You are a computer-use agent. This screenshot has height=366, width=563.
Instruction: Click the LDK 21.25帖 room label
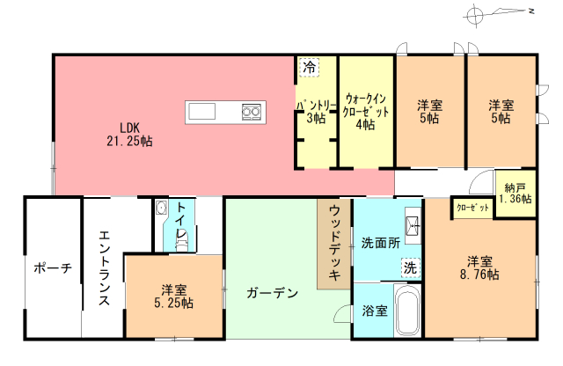click(129, 135)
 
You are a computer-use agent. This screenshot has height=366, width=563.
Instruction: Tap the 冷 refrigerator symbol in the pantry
click(309, 67)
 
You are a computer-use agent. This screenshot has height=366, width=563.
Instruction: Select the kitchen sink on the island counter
click(201, 111)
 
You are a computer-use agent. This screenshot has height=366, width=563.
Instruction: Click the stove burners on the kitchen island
click(251, 112)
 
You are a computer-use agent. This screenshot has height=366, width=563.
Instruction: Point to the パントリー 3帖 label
click(316, 112)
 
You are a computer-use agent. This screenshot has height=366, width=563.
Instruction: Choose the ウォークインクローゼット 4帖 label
click(366, 112)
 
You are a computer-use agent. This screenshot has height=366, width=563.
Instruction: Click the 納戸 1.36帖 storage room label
click(515, 193)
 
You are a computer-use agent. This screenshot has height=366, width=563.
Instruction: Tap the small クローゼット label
click(473, 208)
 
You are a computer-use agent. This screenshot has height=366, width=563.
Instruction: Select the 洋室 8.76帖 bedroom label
click(479, 267)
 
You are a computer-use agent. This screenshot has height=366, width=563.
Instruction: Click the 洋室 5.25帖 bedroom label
click(174, 296)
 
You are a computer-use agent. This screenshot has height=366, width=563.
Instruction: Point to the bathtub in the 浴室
click(407, 311)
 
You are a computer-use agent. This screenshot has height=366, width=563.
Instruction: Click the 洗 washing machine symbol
click(410, 268)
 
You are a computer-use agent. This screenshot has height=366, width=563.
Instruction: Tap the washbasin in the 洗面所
click(413, 226)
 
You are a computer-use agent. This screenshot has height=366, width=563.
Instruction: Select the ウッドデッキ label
click(334, 243)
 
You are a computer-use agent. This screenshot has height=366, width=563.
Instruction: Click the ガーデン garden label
click(273, 293)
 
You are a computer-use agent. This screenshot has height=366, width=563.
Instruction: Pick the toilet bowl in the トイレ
click(182, 239)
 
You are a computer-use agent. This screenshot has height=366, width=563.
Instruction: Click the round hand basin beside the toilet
click(161, 208)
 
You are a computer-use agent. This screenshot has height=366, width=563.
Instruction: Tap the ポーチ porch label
click(53, 268)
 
